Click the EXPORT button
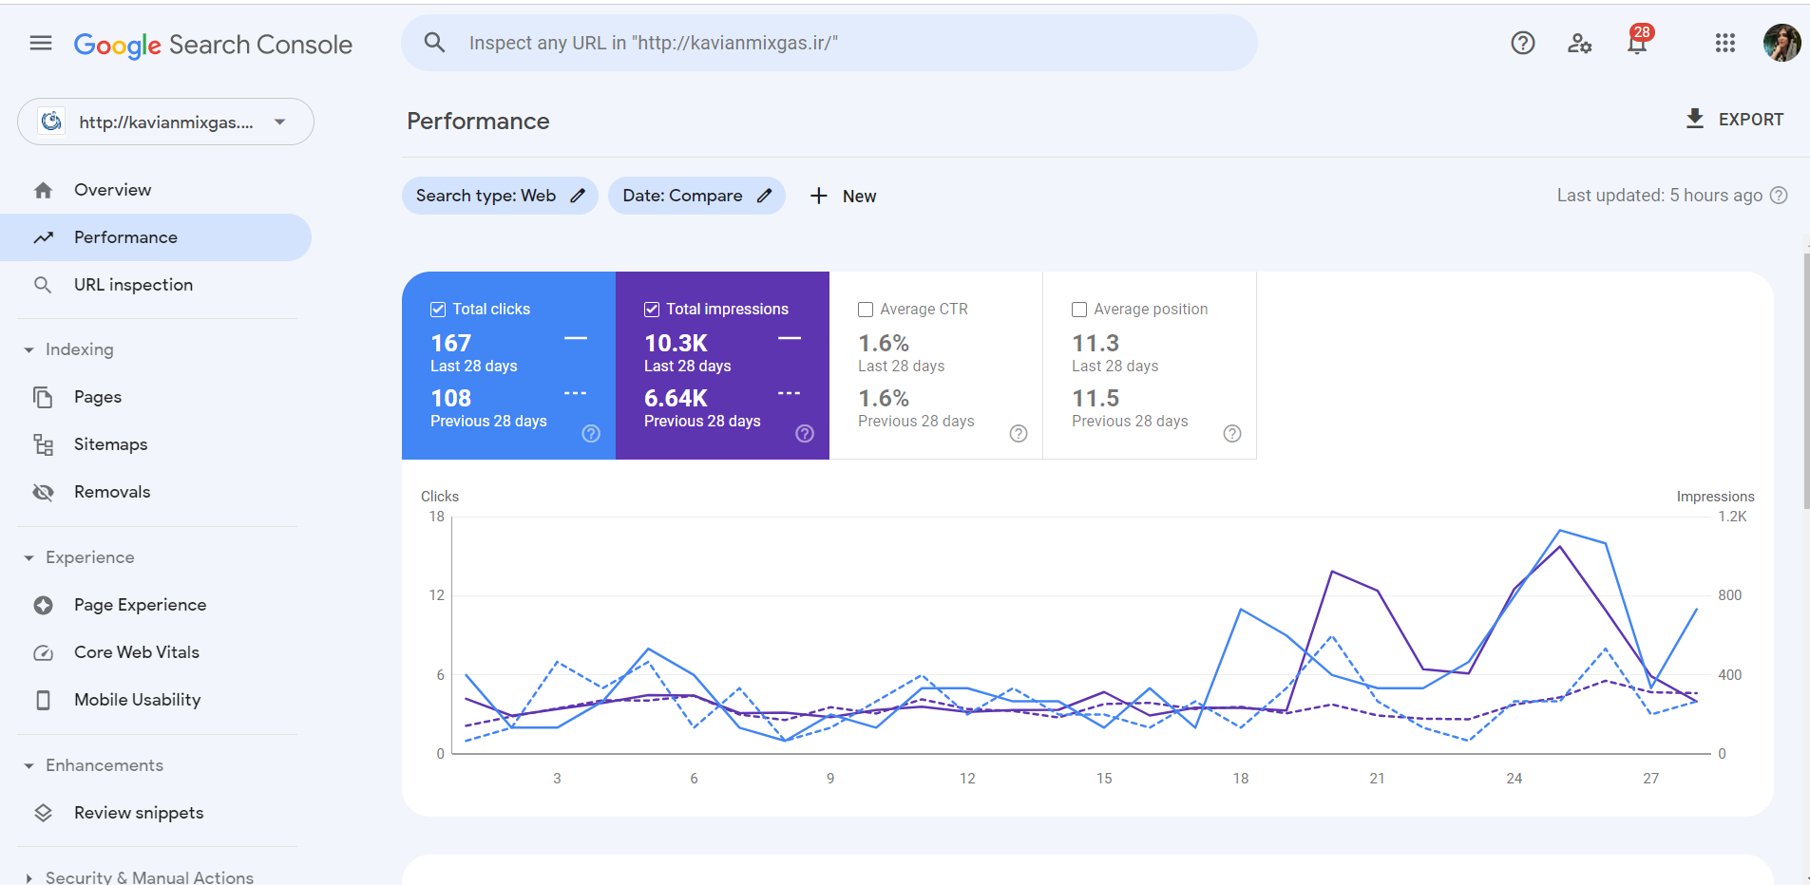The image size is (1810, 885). coord(1734,120)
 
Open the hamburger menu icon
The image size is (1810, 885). coord(41,43)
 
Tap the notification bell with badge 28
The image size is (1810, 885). coord(1637,43)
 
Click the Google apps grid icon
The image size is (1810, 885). coord(1724,43)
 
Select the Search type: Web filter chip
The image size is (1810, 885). coord(500,196)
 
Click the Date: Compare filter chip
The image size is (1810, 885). coord(696,196)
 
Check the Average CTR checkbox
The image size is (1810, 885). coord(866,310)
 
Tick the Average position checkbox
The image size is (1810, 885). coord(1079,310)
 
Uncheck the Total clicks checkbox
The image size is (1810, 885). coord(438,310)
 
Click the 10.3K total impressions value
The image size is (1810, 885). coord(676,343)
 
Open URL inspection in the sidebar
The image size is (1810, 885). coord(133,285)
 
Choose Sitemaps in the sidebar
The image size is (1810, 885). coord(110,444)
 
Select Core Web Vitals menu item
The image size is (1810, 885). coord(137,652)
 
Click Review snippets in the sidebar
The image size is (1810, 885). coord(139,813)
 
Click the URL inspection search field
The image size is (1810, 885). coord(827,43)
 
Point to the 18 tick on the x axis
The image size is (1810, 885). coord(1240,778)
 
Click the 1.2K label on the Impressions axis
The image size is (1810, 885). coord(1731,517)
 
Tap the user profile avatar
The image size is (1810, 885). coord(1781,43)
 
